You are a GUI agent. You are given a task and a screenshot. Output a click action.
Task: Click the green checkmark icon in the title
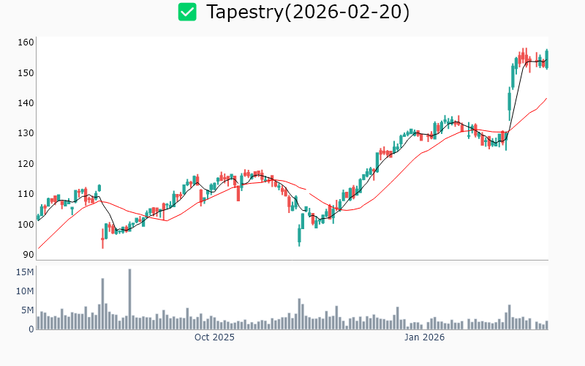(188, 12)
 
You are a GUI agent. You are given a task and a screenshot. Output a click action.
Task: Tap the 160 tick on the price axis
(26, 42)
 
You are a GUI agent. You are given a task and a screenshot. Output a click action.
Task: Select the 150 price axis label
(26, 72)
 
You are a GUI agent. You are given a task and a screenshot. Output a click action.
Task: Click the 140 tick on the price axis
(26, 103)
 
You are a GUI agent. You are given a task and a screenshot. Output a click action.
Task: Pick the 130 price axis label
(26, 133)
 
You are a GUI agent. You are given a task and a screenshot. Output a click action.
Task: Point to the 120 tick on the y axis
(26, 163)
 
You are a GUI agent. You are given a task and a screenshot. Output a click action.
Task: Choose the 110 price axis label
(26, 194)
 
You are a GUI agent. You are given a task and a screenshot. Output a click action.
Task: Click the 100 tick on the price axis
(26, 224)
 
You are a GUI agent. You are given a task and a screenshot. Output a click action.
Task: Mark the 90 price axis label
(29, 255)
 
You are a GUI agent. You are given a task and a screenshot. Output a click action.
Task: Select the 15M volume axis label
(26, 272)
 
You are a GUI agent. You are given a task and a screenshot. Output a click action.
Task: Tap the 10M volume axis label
(26, 291)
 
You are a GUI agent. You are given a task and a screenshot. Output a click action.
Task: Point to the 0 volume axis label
(31, 329)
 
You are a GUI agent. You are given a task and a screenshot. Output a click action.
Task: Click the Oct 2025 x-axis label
(214, 337)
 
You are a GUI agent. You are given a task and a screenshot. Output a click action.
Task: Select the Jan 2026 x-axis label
(425, 337)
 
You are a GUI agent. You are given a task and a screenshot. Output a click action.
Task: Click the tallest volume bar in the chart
(129, 299)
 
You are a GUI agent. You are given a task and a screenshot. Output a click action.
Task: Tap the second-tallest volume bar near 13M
(102, 303)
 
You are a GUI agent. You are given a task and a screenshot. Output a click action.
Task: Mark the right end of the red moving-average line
(546, 98)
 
